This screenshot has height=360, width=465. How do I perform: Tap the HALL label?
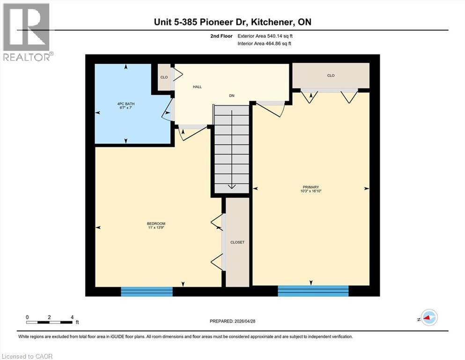coord(197,87)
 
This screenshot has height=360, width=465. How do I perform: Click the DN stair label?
coord(231,96)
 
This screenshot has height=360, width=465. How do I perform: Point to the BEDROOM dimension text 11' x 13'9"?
coord(156,228)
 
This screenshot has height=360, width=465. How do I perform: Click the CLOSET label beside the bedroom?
coord(237,242)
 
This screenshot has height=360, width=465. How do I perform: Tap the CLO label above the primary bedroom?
coord(331,75)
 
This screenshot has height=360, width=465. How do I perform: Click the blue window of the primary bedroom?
coord(313,291)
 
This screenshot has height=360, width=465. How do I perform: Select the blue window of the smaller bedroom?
coord(147,291)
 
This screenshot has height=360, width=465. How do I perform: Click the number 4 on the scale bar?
coord(72,317)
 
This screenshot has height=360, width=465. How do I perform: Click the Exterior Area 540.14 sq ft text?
coord(268,36)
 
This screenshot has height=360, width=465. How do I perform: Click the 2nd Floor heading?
coord(222,36)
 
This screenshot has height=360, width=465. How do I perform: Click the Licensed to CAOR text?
coord(27,356)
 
